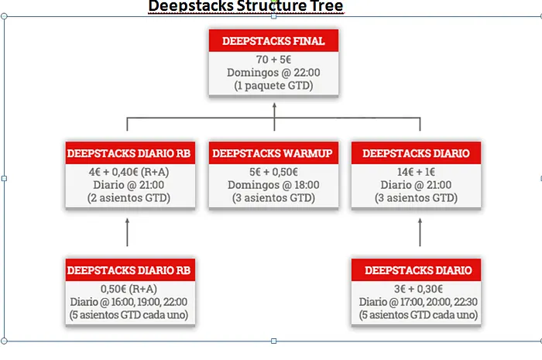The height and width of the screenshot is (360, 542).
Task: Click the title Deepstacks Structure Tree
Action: (x=245, y=7)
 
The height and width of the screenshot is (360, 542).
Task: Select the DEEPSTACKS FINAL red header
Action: (x=273, y=41)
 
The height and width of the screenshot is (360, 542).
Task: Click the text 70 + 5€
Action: (x=273, y=60)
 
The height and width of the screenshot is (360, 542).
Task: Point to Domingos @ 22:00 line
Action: (x=273, y=73)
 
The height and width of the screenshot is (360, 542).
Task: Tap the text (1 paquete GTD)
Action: (x=273, y=86)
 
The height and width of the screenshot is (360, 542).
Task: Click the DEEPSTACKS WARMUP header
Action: (x=273, y=153)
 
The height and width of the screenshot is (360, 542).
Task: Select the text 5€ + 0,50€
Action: (x=273, y=172)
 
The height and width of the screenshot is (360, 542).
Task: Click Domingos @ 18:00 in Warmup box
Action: (x=273, y=185)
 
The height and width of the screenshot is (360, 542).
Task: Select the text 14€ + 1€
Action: (x=417, y=172)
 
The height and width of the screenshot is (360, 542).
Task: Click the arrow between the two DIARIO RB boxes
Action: (x=128, y=232)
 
